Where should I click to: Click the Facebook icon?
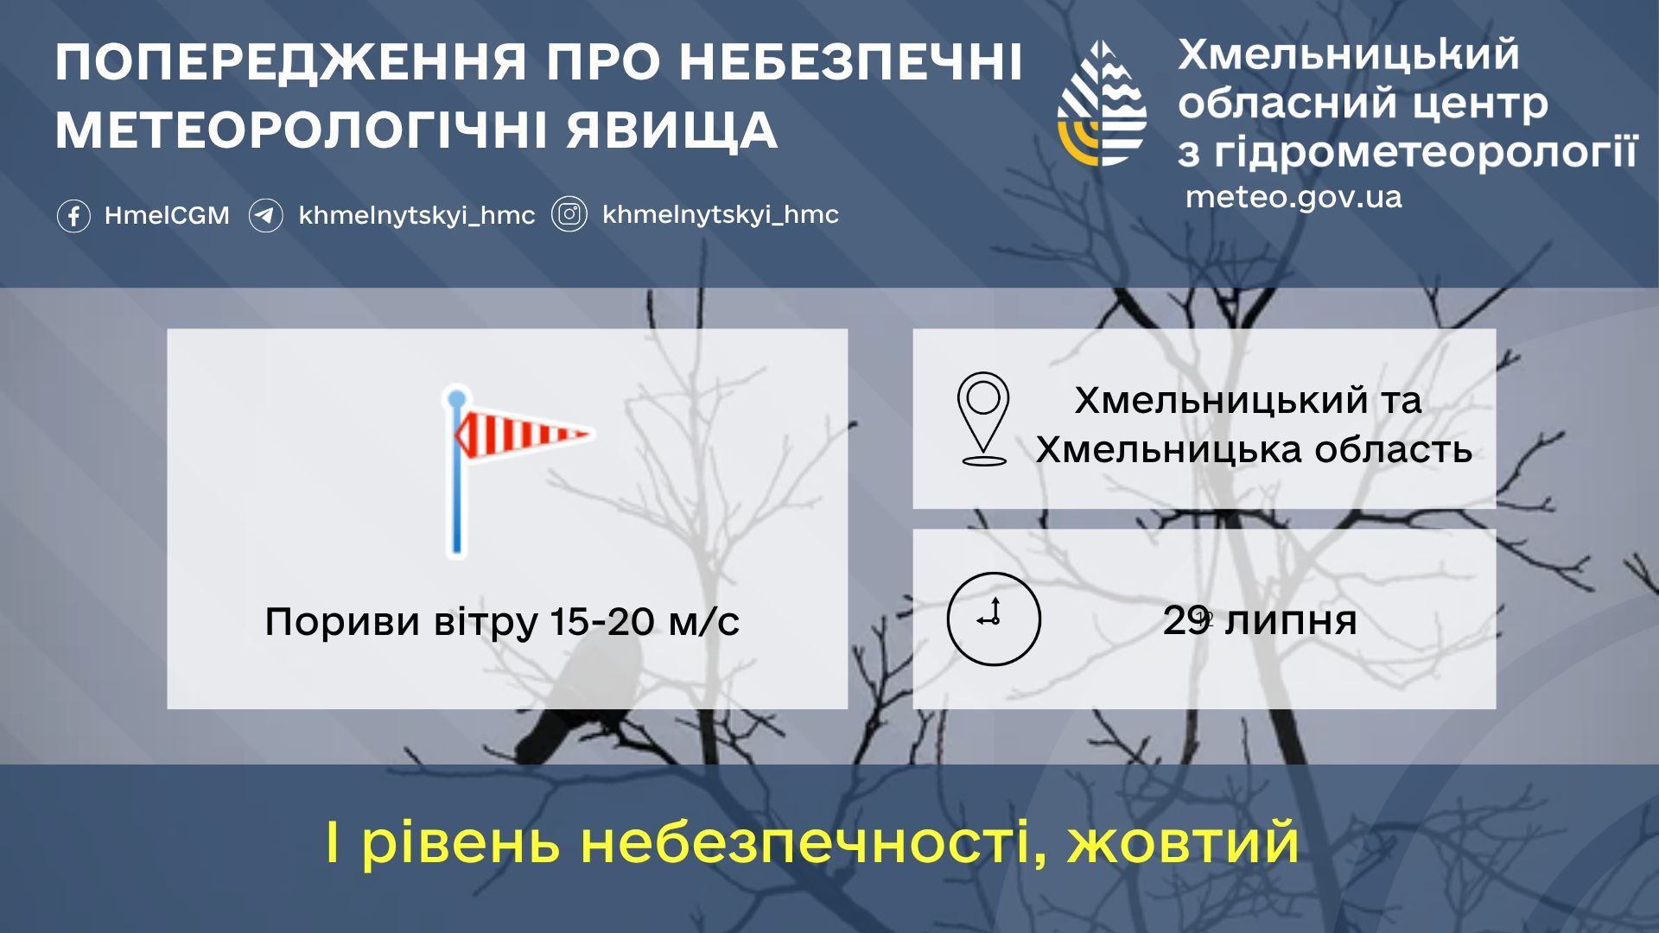(x=73, y=216)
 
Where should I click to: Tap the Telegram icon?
(x=266, y=216)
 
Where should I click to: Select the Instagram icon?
(x=569, y=215)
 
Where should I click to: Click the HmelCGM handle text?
(x=167, y=216)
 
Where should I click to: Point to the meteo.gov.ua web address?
(x=1294, y=197)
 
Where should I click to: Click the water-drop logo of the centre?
(x=1103, y=103)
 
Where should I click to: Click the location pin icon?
(x=983, y=419)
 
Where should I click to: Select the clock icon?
(x=994, y=619)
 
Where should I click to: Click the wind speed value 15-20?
(x=602, y=621)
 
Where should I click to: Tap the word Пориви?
(x=330, y=622)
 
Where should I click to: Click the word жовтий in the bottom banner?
(x=1183, y=842)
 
